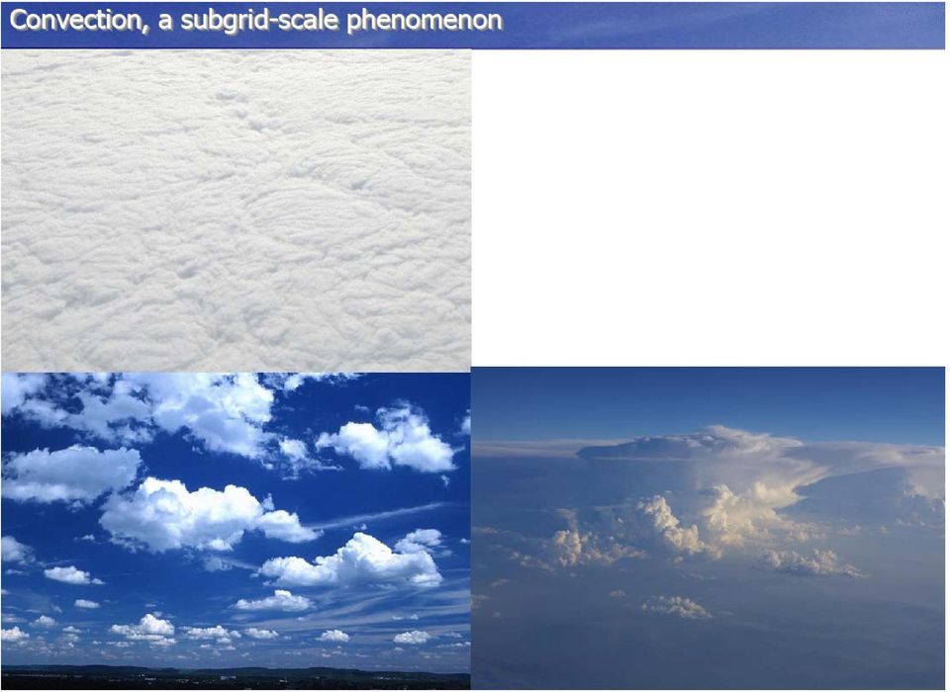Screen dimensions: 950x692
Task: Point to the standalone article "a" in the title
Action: click(165, 23)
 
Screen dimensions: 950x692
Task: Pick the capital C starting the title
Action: click(20, 20)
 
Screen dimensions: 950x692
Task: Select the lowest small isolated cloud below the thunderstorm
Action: click(677, 606)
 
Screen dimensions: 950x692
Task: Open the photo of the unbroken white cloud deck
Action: click(236, 211)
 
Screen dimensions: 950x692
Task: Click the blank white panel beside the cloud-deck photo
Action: click(708, 208)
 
